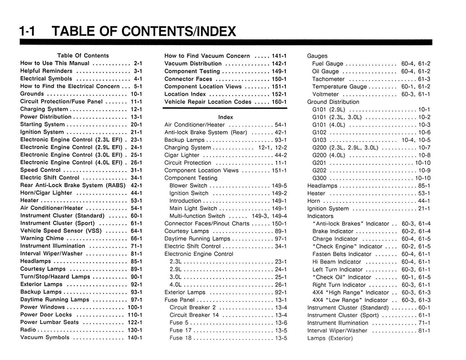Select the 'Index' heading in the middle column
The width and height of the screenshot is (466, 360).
pos(225,117)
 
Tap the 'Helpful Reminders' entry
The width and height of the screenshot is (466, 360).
pos(48,71)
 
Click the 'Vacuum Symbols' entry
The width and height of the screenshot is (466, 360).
pos(45,338)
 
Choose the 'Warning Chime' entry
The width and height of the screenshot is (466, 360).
pos(42,238)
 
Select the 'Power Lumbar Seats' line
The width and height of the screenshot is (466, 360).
pos(50,322)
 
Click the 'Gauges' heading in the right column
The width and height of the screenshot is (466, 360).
pos(317,56)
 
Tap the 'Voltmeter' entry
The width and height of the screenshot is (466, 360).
pos(326,94)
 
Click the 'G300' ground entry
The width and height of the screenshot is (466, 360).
pos(319,178)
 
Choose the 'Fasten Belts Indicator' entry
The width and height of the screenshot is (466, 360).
pos(342,254)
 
